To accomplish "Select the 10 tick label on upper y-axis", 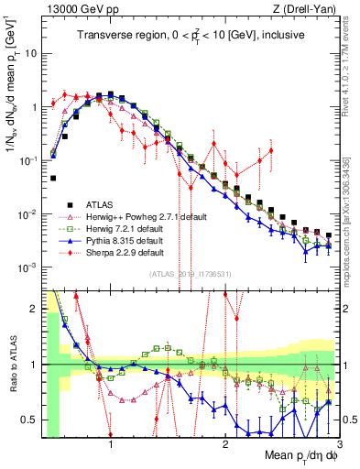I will coord(31,53).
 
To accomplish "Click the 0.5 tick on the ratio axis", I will coord(29,420).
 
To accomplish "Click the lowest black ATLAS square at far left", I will coord(53,179).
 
